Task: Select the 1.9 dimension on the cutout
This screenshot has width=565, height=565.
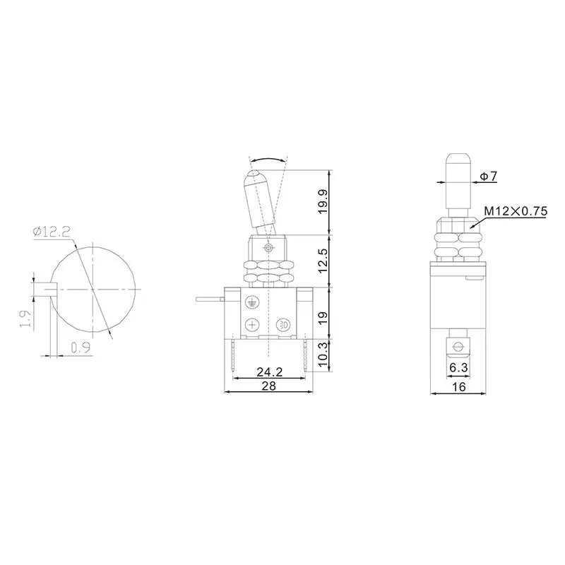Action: [x=24, y=319]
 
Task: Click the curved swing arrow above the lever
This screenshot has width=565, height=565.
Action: [x=268, y=160]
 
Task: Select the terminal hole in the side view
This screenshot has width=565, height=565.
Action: [x=457, y=346]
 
